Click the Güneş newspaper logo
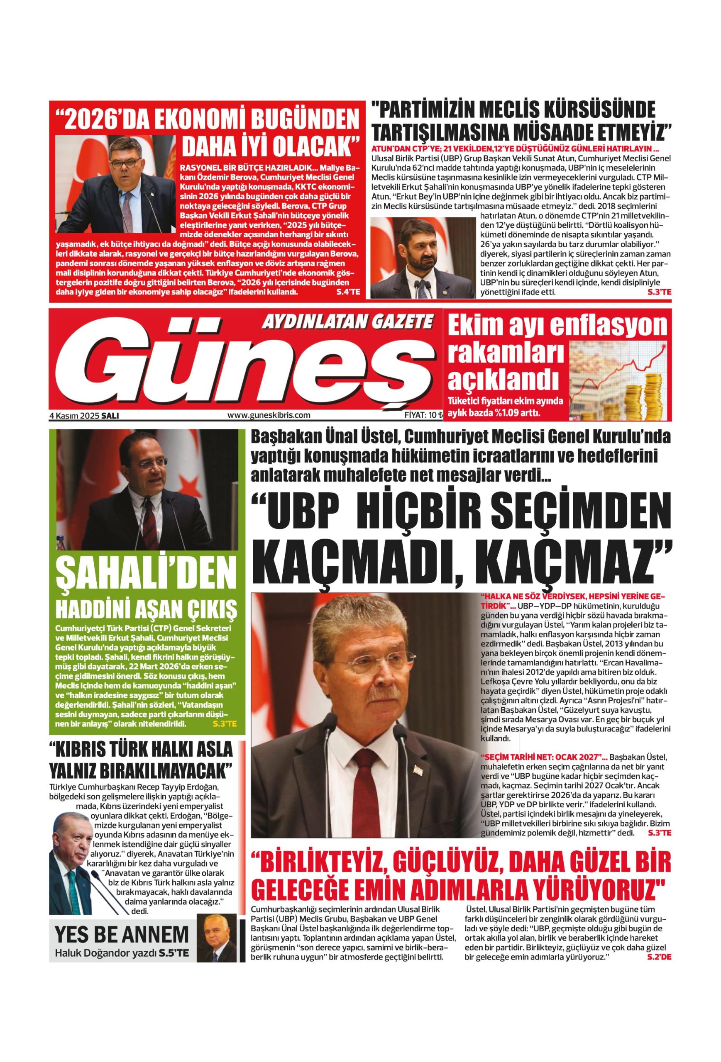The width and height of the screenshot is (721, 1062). click(x=247, y=370)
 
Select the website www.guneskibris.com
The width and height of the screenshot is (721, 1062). click(x=269, y=415)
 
